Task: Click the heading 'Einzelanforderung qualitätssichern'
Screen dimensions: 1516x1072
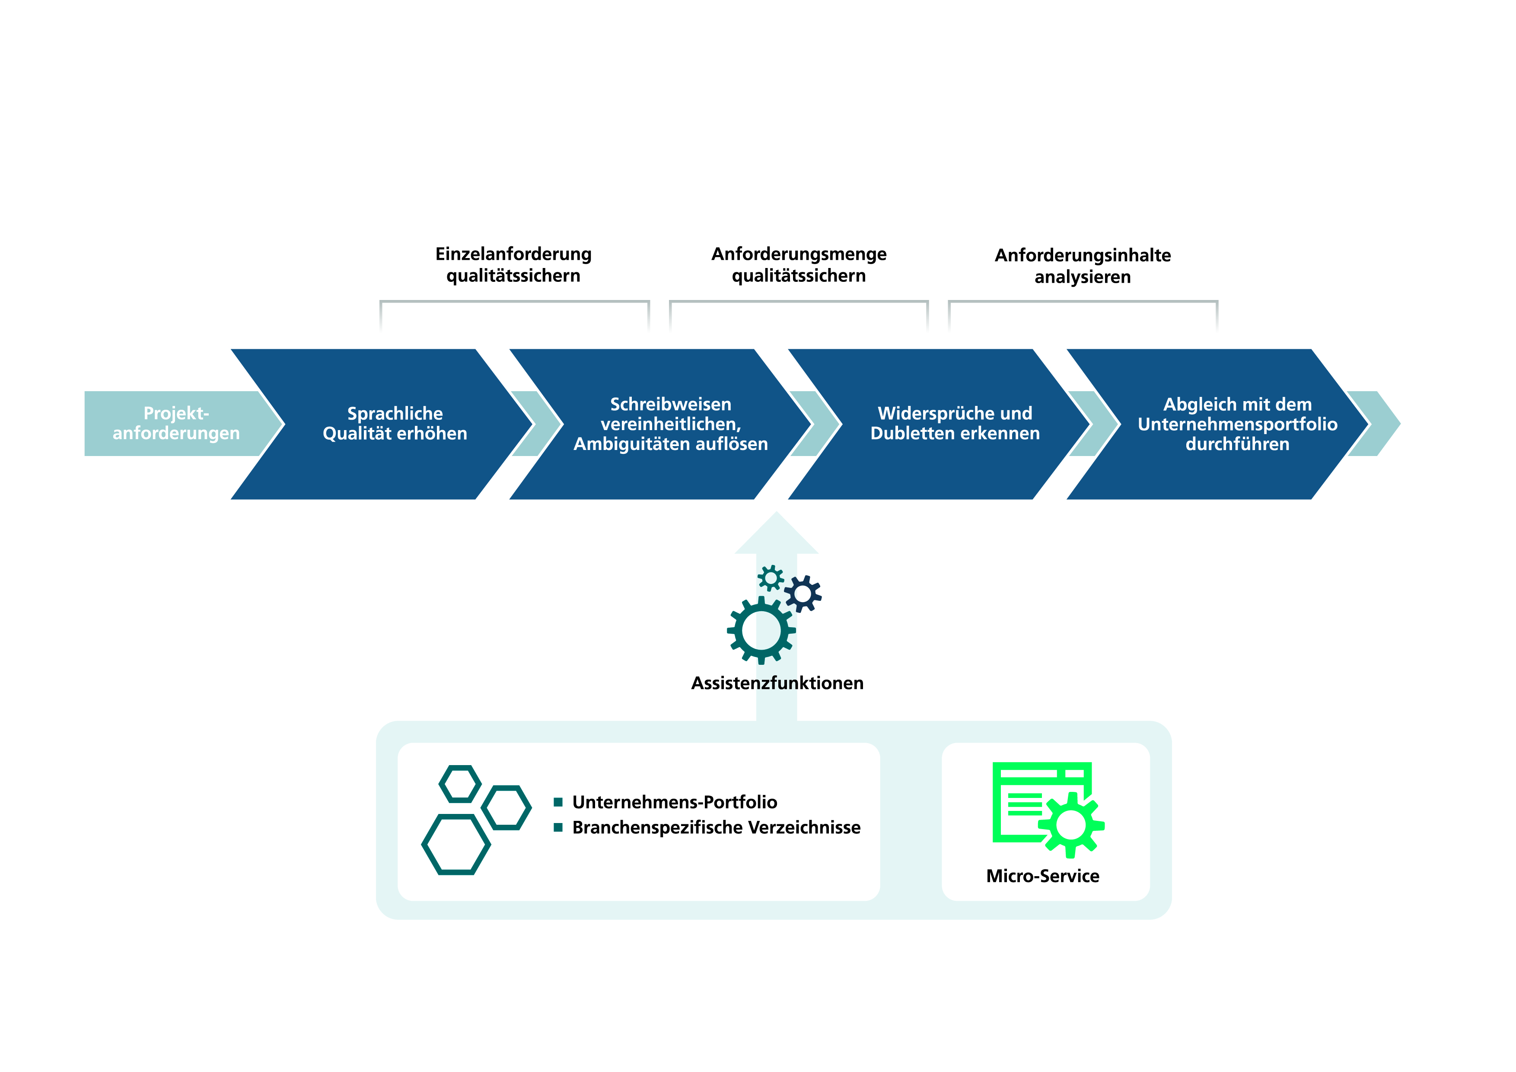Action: (514, 264)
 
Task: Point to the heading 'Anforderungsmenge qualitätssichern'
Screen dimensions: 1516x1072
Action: (799, 264)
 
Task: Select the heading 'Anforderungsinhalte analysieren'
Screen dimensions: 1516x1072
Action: (1083, 265)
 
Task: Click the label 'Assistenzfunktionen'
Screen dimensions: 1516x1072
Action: (777, 683)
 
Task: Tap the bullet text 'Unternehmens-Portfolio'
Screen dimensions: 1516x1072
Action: (675, 802)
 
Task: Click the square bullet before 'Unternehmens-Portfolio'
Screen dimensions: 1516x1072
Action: (558, 802)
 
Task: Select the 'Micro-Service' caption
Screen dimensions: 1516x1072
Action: (1043, 876)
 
